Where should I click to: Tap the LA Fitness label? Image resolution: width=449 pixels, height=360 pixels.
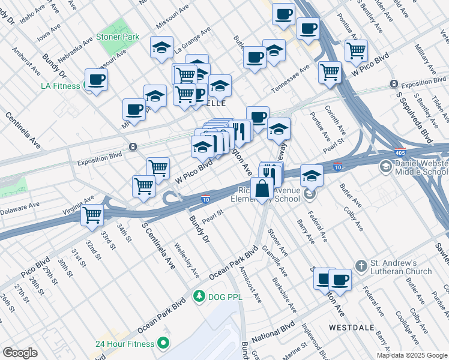click(x=60, y=86)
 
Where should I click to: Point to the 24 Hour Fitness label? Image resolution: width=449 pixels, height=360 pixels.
click(x=125, y=344)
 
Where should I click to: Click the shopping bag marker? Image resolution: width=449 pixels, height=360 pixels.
click(x=262, y=188)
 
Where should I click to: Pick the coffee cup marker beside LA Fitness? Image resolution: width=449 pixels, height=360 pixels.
click(x=96, y=80)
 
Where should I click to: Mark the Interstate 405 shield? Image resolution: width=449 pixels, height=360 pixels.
click(x=401, y=152)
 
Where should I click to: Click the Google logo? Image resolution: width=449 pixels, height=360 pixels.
click(x=20, y=353)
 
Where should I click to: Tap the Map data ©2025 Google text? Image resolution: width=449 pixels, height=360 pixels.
click(x=411, y=355)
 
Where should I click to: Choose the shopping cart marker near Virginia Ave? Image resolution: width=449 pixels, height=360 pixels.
click(x=92, y=214)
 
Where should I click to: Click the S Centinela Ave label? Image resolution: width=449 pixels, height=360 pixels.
click(x=158, y=245)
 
